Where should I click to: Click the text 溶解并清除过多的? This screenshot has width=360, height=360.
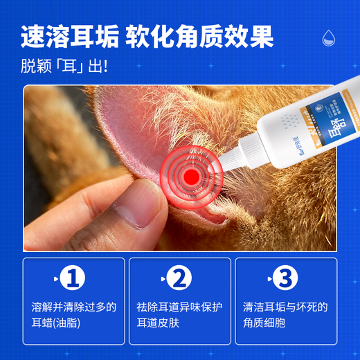tap(74, 306)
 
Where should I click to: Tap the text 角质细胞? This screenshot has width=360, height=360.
tap(264, 323)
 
